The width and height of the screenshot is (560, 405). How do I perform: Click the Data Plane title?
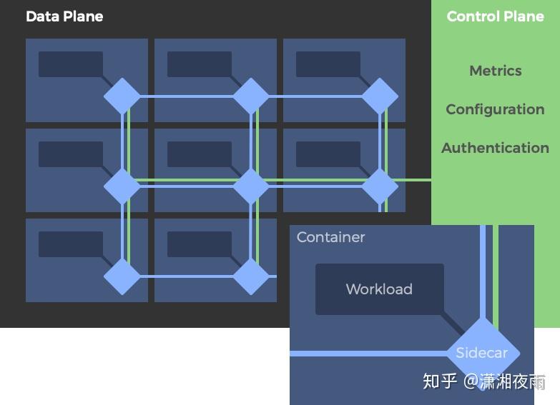pyautogui.click(x=64, y=16)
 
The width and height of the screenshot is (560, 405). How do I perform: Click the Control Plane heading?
pyautogui.click(x=495, y=16)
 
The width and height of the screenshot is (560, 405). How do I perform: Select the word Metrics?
pyautogui.click(x=495, y=71)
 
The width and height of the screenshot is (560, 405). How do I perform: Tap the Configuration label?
pyautogui.click(x=495, y=109)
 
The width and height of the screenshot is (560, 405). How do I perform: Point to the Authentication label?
pyautogui.click(x=495, y=148)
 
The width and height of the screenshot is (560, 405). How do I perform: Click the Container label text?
pyautogui.click(x=330, y=237)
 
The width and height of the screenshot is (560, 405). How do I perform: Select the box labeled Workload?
pyautogui.click(x=379, y=289)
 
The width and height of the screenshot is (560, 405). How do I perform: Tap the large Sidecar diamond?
pyautogui.click(x=482, y=353)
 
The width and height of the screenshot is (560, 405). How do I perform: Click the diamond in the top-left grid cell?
pyautogui.click(x=122, y=96)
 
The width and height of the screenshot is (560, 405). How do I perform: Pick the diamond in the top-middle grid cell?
pyautogui.click(x=251, y=96)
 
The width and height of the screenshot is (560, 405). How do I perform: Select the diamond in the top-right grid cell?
pyautogui.click(x=380, y=96)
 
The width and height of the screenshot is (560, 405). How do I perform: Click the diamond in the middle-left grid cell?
pyautogui.click(x=122, y=186)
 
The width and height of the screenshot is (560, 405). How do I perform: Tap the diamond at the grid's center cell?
pyautogui.click(x=251, y=186)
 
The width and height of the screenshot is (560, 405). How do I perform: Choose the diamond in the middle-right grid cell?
pyautogui.click(x=380, y=186)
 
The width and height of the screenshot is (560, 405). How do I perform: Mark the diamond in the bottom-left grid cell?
pyautogui.click(x=122, y=276)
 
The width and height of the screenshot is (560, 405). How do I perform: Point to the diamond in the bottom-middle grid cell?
pyautogui.click(x=251, y=276)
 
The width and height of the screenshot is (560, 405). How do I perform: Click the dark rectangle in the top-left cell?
pyautogui.click(x=70, y=64)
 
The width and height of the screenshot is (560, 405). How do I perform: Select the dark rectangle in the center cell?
pyautogui.click(x=199, y=154)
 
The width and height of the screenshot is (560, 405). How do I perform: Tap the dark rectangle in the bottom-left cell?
pyautogui.click(x=70, y=244)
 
